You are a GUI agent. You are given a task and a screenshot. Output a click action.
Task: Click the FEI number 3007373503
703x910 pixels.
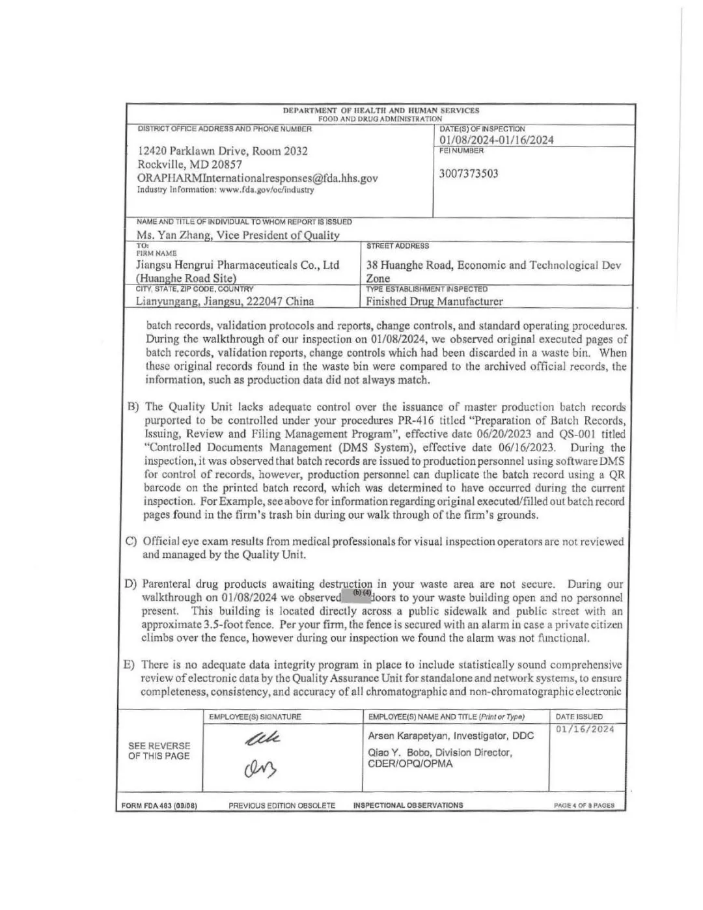tap(469, 174)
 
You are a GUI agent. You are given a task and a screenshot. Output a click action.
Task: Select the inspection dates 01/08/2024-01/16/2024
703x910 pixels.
tap(497, 140)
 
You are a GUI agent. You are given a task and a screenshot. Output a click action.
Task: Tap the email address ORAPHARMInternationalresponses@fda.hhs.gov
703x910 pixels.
tap(257, 178)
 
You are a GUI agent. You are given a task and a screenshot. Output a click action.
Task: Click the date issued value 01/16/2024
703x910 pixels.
tap(585, 729)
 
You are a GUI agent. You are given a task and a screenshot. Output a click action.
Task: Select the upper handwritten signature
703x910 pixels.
tap(263, 738)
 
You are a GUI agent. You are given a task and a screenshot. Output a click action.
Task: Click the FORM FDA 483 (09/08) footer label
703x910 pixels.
tap(159, 805)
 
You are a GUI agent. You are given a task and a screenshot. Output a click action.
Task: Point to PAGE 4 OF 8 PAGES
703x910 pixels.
tap(584, 805)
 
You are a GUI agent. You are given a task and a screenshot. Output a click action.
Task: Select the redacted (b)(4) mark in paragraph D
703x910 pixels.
tap(362, 593)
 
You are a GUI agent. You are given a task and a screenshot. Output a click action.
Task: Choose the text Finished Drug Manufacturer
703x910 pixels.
tap(434, 301)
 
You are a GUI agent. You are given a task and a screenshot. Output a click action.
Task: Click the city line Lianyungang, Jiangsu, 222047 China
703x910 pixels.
tap(225, 301)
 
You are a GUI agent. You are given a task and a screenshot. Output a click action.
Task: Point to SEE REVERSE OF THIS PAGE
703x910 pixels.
tap(159, 751)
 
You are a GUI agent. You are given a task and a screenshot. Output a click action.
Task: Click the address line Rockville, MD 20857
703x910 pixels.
tap(189, 164)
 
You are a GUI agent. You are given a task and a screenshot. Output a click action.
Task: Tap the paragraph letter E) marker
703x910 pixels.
tap(130, 665)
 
